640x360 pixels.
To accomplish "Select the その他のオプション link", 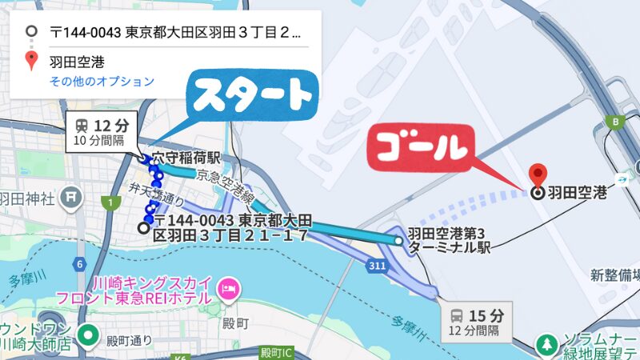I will pos(102,81).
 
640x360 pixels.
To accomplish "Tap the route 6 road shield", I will pos(79,263).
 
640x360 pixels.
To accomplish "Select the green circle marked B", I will pos(615,122).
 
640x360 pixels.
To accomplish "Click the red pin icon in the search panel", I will pos(31,60).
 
